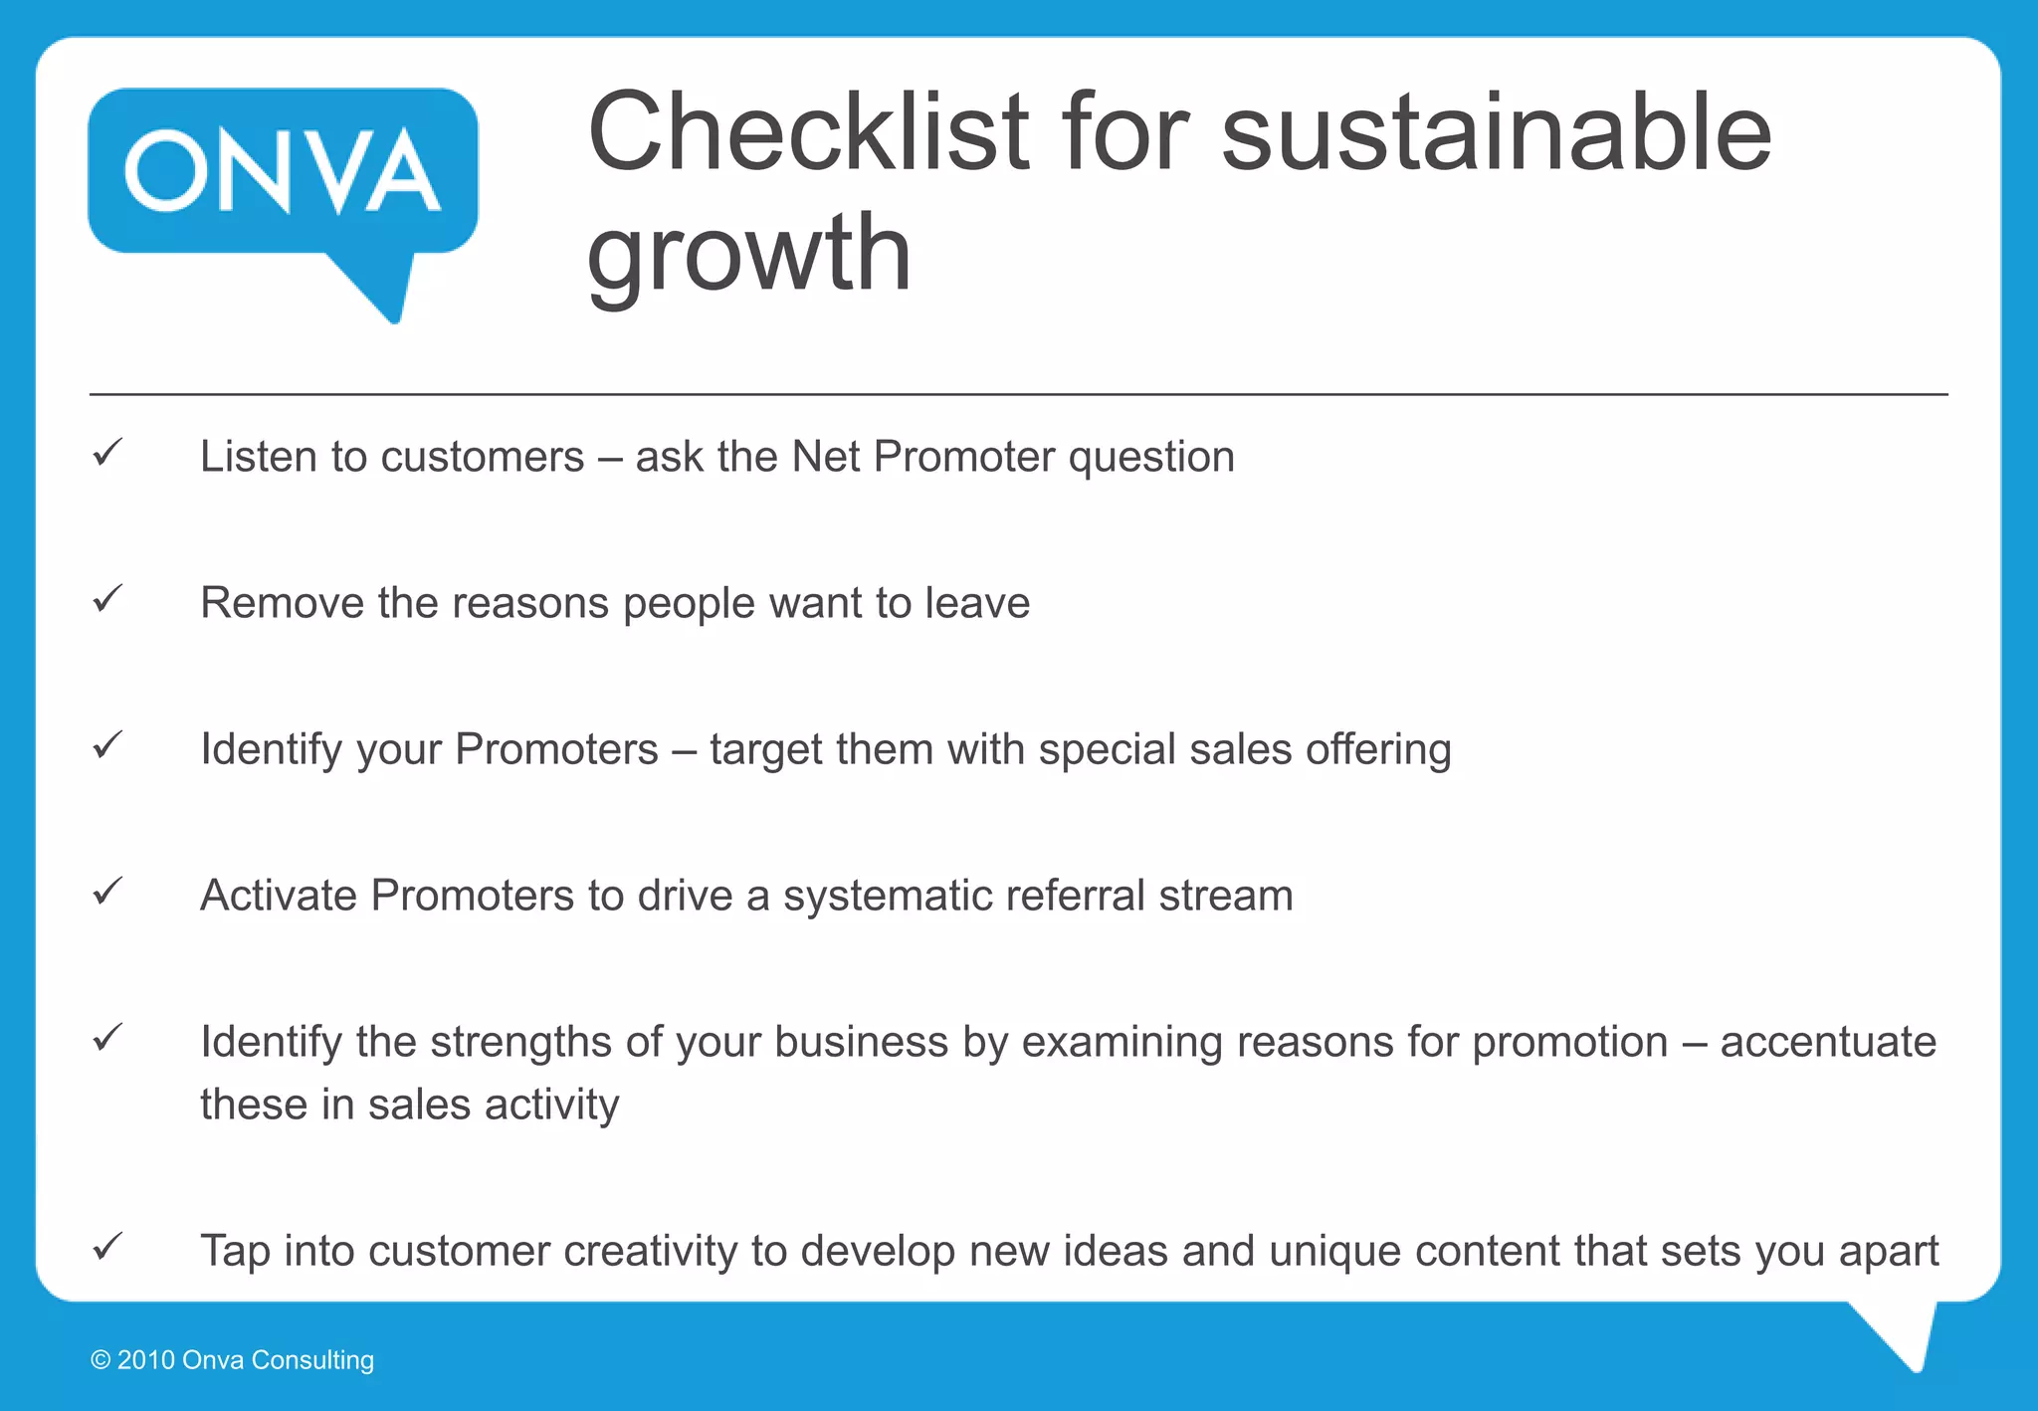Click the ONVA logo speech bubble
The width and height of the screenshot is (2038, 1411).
click(283, 174)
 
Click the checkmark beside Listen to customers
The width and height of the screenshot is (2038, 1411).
click(107, 453)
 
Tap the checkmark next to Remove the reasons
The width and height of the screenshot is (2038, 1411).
click(107, 599)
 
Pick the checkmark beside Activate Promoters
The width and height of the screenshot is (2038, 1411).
click(107, 892)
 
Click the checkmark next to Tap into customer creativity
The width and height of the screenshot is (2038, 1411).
click(107, 1247)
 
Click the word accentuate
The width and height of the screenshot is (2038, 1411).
click(1828, 1042)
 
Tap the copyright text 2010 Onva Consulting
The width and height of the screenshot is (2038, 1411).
click(233, 1360)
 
